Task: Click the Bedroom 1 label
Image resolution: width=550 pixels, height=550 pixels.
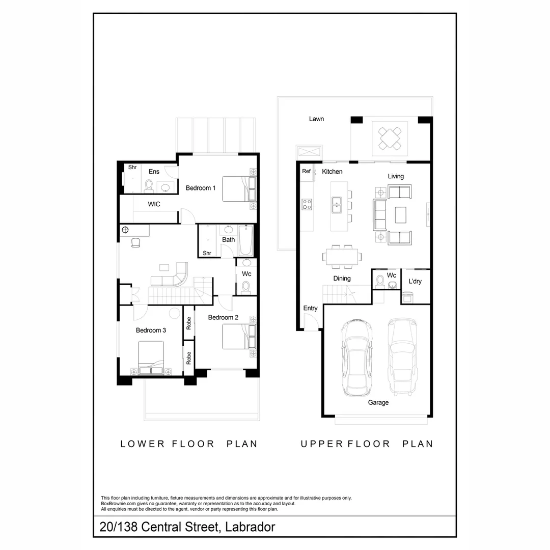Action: coord(200,188)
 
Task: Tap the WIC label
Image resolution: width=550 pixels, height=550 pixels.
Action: coord(154,204)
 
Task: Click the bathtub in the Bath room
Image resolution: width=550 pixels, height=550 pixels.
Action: coord(245,241)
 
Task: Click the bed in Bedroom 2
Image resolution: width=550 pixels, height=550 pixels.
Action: coord(238,337)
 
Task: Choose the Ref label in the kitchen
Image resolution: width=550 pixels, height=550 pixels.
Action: coord(306,172)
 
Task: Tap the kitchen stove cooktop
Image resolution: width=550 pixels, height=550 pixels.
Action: coord(307,204)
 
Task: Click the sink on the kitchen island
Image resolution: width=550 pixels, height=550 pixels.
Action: coord(336,205)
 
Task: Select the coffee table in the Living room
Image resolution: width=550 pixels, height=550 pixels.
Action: coord(401,214)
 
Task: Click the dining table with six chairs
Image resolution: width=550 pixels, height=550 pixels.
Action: coord(340,256)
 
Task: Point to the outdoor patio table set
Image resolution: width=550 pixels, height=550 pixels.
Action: coord(390,137)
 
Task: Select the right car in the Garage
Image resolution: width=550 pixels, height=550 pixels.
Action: coord(402,356)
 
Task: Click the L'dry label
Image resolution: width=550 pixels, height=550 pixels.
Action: coord(415,281)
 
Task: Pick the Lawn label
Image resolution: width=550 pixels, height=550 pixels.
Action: coord(316,119)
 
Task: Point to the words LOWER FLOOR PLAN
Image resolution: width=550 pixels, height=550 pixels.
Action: coord(189,444)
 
